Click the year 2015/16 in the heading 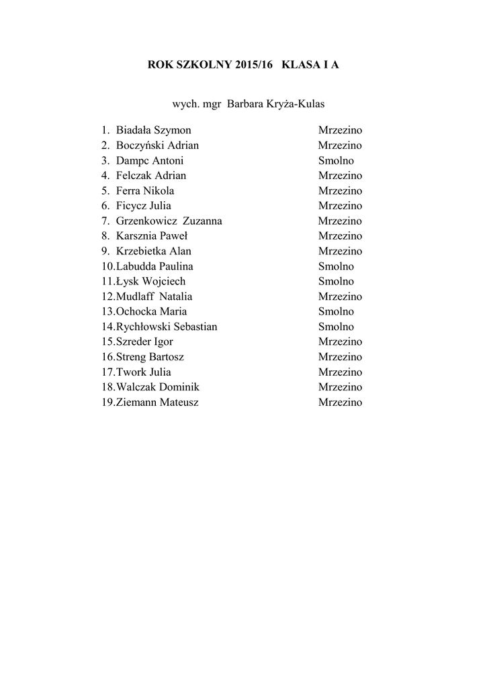[255, 65]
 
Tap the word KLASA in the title [302, 65]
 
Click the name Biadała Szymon [153, 130]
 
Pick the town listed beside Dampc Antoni [336, 160]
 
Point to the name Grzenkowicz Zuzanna [169, 221]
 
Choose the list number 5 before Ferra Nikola [105, 191]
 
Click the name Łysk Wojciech [150, 281]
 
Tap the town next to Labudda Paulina [336, 266]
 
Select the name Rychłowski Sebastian [167, 327]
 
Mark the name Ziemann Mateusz [157, 403]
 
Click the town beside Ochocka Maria [336, 311]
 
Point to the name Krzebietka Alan [153, 251]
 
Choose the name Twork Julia [143, 372]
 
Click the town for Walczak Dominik [340, 387]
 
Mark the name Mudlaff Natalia [154, 297]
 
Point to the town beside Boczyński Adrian [340, 146]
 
